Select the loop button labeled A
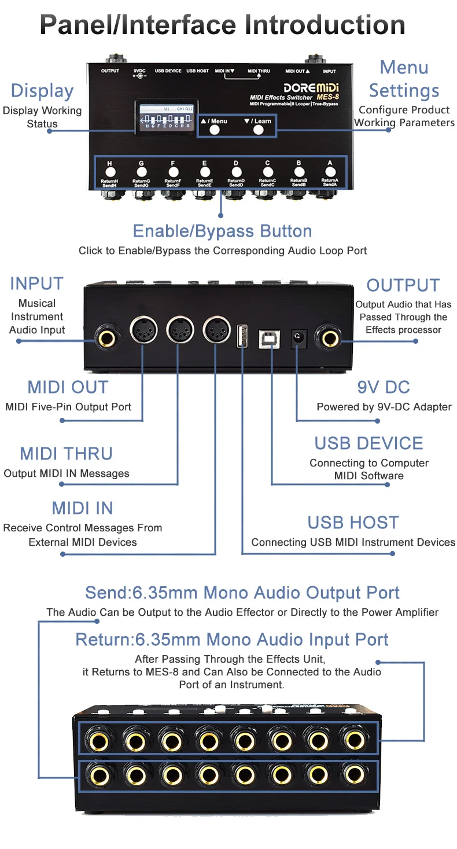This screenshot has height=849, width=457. click(x=330, y=171)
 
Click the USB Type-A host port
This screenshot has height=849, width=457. click(x=242, y=336)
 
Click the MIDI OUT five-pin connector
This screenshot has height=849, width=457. click(x=142, y=331)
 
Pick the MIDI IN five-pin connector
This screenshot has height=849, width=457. click(x=215, y=331)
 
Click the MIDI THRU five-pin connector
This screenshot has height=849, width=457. click(x=179, y=331)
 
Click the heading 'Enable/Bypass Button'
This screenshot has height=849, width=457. click(x=222, y=231)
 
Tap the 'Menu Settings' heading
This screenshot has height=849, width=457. click(x=404, y=79)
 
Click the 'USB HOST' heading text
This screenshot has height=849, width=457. click(x=353, y=523)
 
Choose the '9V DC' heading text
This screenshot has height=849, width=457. click(x=384, y=387)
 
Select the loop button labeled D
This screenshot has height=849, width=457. click(x=235, y=171)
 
